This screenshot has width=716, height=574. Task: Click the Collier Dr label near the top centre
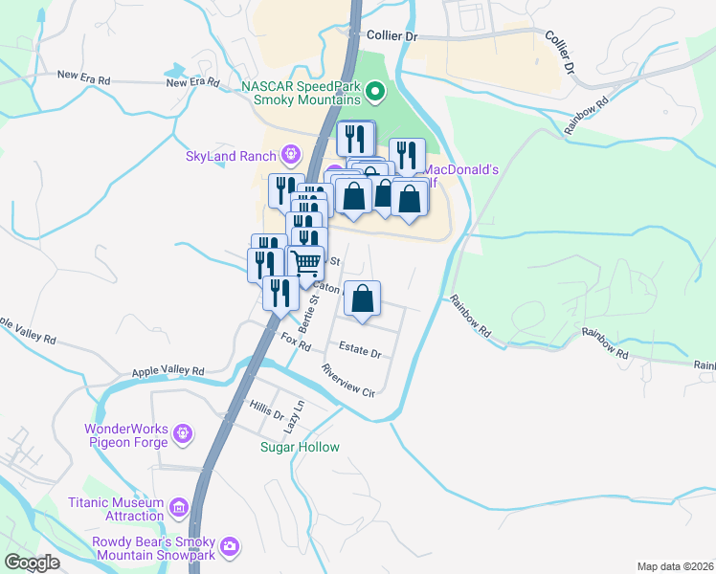coord(393,35)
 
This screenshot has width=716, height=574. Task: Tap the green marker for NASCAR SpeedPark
coord(375,94)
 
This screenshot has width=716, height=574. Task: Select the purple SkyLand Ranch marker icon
coord(291,154)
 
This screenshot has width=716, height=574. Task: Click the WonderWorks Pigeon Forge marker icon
coord(184,435)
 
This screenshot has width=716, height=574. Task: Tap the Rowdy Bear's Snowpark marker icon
coord(229,547)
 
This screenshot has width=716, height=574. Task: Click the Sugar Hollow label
coord(300,447)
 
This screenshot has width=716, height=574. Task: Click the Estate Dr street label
coord(361,349)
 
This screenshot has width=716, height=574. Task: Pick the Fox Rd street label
coord(297,339)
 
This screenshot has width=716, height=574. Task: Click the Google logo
coord(32,563)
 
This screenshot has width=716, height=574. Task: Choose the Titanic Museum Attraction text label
coord(117,509)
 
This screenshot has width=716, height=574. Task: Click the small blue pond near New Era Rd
coord(176,71)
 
